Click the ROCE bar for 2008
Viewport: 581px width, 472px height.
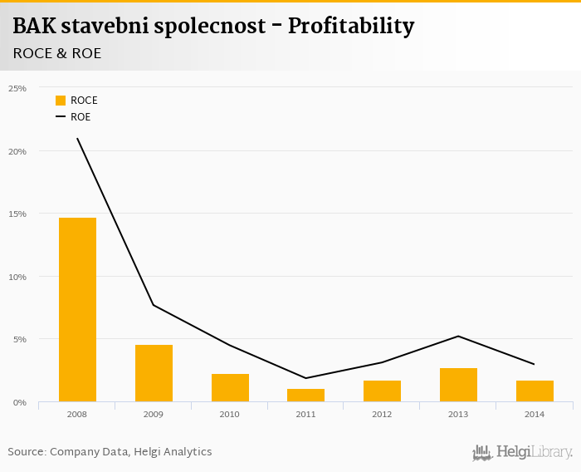77,309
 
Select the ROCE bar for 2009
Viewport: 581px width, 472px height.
154,373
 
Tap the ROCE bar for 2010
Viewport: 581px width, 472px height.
230,387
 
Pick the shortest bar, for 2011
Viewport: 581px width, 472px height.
306,395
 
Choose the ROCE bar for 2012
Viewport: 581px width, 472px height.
382,391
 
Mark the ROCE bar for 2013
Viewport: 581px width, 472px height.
458,385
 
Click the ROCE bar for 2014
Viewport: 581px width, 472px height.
535,391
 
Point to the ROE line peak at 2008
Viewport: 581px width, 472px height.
77,139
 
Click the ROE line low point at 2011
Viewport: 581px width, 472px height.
306,378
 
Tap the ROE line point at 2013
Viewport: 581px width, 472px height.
458,336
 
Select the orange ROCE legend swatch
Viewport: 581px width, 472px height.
61,101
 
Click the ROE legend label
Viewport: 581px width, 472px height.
81,117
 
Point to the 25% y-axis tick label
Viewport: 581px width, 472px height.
17,88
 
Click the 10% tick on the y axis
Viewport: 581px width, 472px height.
17,277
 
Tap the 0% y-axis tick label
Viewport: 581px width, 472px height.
20,402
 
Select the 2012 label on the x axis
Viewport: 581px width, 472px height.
382,414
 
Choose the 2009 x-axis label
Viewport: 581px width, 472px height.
154,414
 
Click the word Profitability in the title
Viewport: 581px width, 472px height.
350,27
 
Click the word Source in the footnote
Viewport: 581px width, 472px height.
26,452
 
